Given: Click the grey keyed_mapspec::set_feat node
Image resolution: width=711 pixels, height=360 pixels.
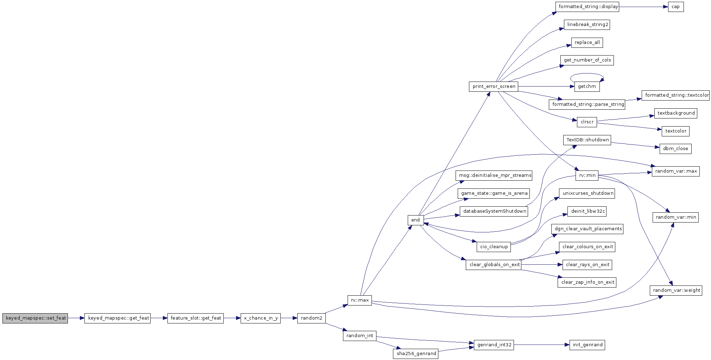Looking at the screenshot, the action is [35, 318].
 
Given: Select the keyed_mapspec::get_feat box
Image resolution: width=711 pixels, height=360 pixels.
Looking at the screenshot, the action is [118, 318].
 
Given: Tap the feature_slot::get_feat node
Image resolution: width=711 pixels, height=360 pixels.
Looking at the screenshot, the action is [196, 318].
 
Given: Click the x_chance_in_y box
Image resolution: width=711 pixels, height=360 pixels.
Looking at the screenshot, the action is [261, 318].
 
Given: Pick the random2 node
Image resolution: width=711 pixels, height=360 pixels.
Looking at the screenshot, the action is [311, 318].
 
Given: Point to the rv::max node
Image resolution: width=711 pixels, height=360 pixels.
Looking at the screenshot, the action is [360, 300].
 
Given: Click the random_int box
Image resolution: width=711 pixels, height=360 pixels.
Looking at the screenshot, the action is [360, 336].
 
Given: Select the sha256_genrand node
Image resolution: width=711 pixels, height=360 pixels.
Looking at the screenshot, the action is [415, 354].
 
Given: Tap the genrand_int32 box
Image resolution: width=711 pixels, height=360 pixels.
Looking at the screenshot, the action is [494, 345].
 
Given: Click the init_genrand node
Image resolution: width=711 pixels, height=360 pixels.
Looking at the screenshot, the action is [587, 345].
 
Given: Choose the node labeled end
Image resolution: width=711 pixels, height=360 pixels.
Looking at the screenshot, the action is [415, 220].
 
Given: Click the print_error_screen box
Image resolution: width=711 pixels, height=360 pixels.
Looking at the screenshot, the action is [494, 86].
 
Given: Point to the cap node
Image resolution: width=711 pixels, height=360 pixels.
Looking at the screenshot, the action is [676, 7].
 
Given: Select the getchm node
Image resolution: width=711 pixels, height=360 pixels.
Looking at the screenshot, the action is [587, 86].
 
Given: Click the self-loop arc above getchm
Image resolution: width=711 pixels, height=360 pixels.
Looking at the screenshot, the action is [587, 73].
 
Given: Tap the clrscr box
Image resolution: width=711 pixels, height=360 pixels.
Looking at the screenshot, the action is [587, 122].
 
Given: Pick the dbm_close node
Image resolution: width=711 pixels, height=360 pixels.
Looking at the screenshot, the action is [675, 149].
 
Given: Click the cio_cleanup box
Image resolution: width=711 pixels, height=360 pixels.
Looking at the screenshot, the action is [494, 247].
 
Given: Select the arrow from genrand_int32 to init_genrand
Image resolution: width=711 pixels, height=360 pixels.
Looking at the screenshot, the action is [542, 345].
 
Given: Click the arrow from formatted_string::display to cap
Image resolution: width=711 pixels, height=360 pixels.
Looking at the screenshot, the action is [643, 7].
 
